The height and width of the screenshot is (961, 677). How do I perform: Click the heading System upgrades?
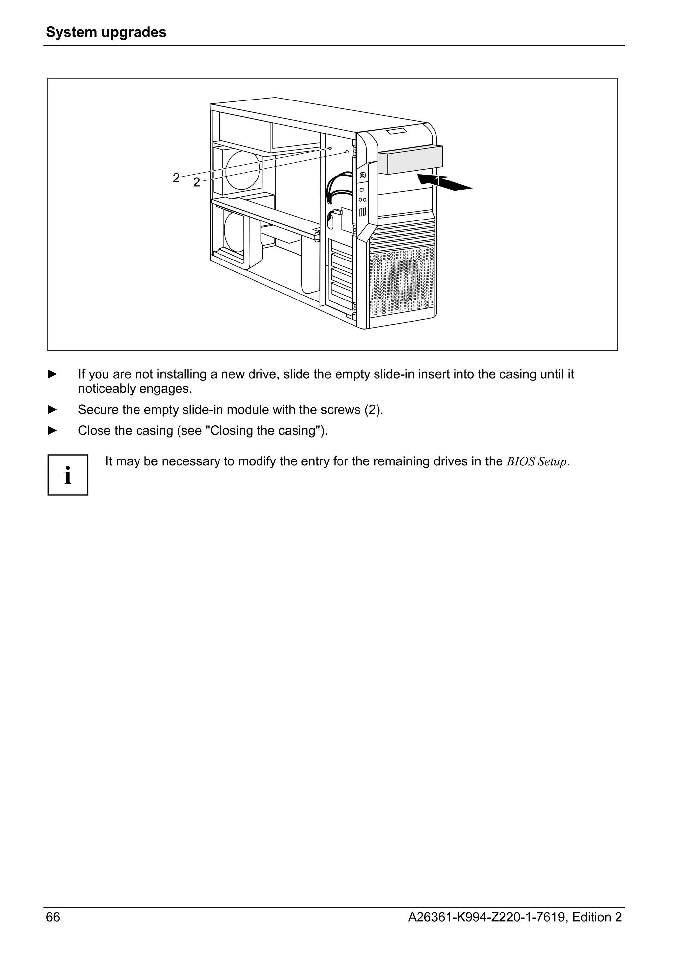[106, 32]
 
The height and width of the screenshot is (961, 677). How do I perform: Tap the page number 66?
[53, 917]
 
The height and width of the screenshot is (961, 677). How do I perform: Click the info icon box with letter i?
[68, 475]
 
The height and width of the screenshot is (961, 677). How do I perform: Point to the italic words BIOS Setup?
[537, 462]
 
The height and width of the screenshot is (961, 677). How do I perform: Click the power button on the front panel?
[362, 176]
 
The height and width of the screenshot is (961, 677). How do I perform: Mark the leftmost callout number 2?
[176, 178]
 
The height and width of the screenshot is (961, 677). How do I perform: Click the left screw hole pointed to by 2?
[330, 148]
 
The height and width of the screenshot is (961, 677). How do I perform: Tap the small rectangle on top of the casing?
[397, 132]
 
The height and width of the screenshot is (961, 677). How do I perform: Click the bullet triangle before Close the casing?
[52, 430]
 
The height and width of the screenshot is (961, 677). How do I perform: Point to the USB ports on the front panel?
[362, 212]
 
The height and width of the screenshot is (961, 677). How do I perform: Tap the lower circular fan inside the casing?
[235, 231]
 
